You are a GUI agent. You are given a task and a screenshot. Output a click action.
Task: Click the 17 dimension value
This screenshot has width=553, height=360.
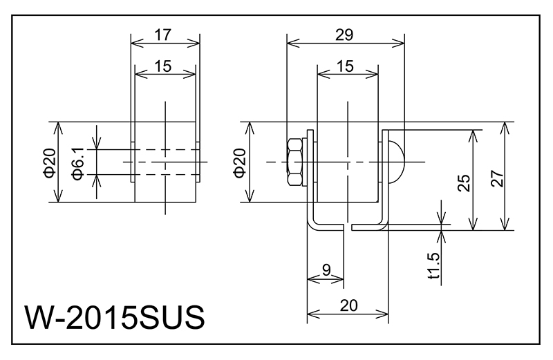(x=164, y=33)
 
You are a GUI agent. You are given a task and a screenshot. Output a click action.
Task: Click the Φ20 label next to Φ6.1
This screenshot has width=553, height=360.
(x=48, y=163)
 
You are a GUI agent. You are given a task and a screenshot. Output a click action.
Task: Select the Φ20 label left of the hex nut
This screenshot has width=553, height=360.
(x=239, y=163)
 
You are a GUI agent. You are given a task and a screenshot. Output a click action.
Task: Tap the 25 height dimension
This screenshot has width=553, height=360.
(x=465, y=181)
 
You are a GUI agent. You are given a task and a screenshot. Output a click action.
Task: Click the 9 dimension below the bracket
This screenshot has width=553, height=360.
(x=325, y=272)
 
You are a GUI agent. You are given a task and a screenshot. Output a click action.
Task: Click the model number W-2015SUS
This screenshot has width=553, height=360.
(x=115, y=319)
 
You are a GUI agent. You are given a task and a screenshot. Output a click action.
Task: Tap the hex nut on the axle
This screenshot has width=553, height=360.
(x=295, y=162)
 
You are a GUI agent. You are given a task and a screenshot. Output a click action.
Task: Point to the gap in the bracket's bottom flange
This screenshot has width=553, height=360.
(x=348, y=227)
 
